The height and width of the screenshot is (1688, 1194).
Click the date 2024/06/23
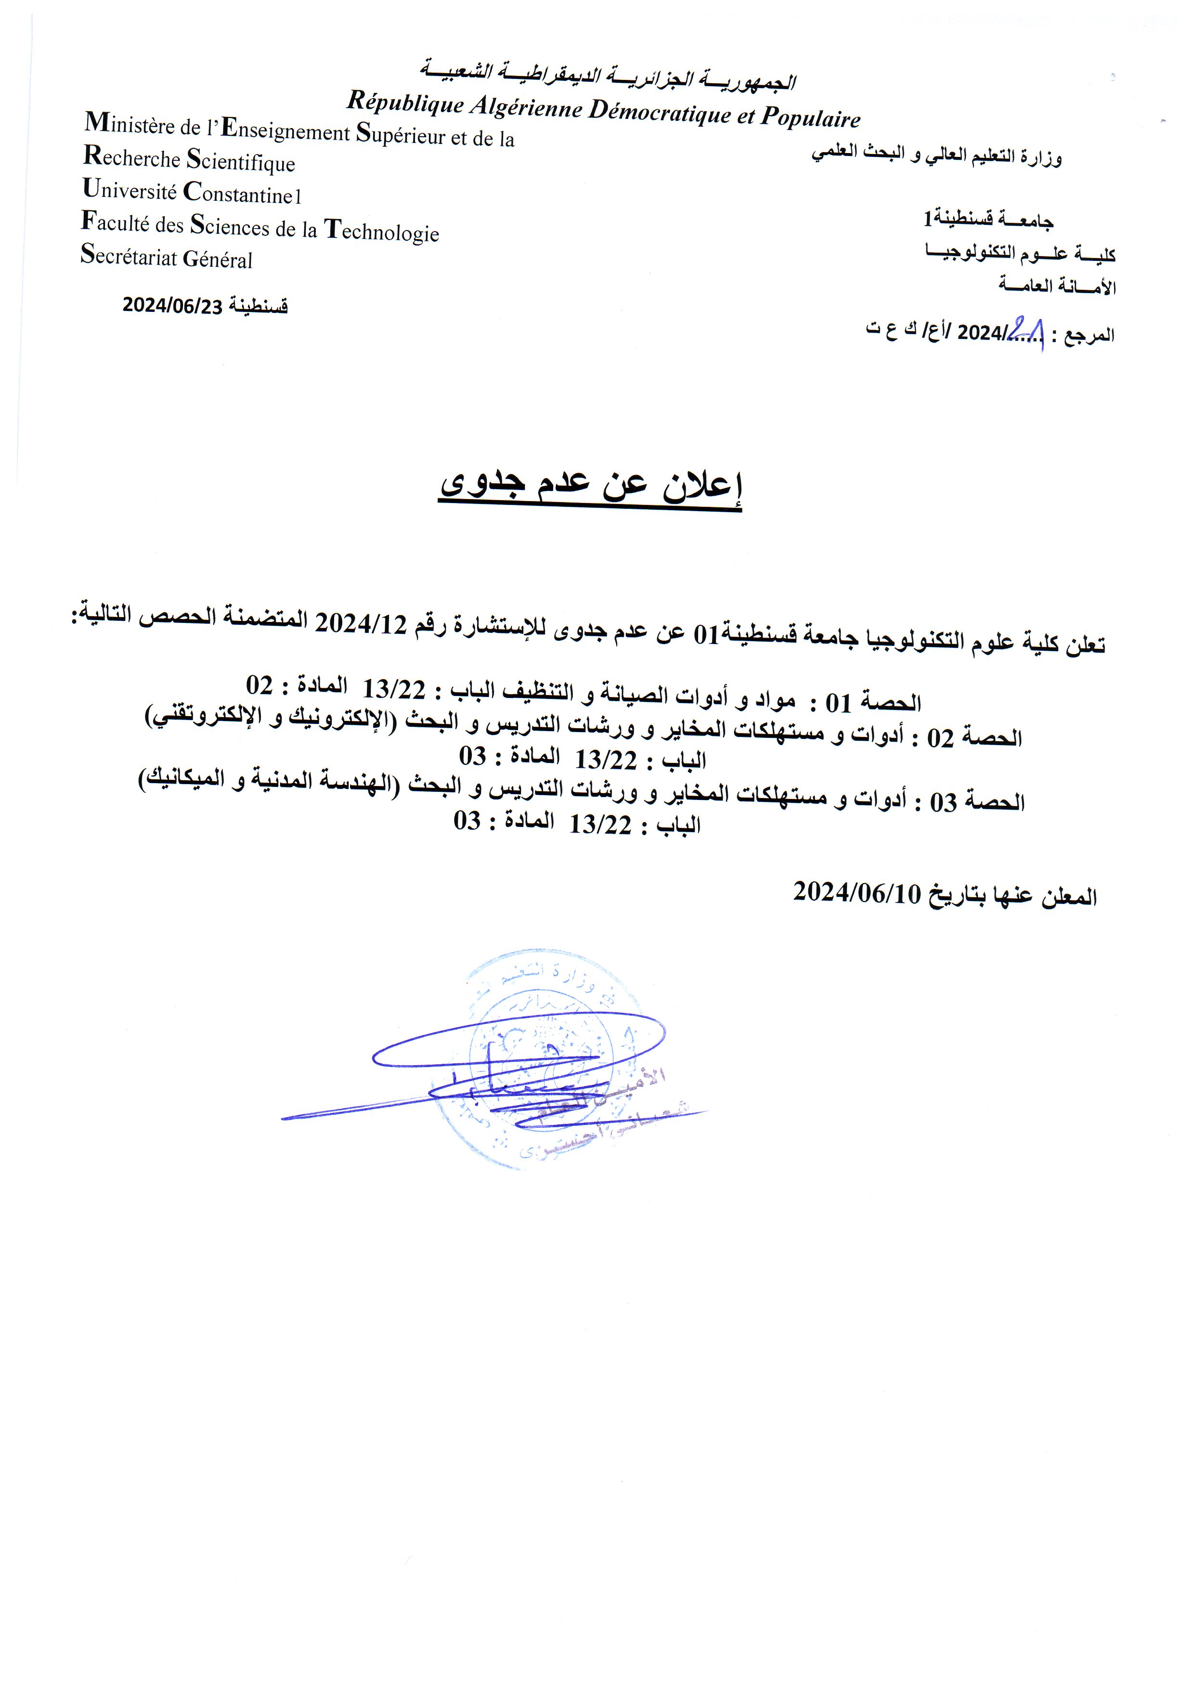(172, 306)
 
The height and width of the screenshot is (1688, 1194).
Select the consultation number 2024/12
(360, 623)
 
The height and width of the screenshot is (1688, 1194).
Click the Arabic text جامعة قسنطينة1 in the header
(988, 219)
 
